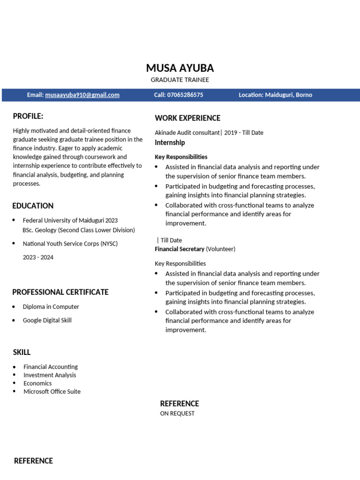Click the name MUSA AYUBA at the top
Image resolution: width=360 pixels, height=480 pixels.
180,67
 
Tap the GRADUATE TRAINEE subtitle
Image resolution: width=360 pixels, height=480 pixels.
180,80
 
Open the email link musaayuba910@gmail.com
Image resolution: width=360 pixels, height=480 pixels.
82,95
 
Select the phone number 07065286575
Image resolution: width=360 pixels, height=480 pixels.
185,95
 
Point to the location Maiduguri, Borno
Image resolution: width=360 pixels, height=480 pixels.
288,95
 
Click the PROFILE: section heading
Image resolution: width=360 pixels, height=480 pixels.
28,116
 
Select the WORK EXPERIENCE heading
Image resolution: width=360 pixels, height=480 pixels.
187,118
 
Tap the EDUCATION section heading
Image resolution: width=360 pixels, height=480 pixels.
33,206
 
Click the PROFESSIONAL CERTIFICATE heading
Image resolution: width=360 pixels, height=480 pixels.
60,292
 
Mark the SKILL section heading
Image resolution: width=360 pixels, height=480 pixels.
22,352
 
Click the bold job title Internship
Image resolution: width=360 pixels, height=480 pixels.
170,142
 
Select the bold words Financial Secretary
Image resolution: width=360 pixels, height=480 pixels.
180,249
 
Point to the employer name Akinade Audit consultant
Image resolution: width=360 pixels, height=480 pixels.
187,133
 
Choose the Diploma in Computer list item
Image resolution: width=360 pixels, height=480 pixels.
51,307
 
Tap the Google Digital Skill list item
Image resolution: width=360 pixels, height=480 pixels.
47,320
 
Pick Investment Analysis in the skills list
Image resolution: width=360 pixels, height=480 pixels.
50,375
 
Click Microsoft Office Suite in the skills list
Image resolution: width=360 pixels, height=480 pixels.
52,391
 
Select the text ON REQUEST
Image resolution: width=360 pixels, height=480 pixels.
177,413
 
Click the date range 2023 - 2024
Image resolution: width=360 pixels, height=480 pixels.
38,257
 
